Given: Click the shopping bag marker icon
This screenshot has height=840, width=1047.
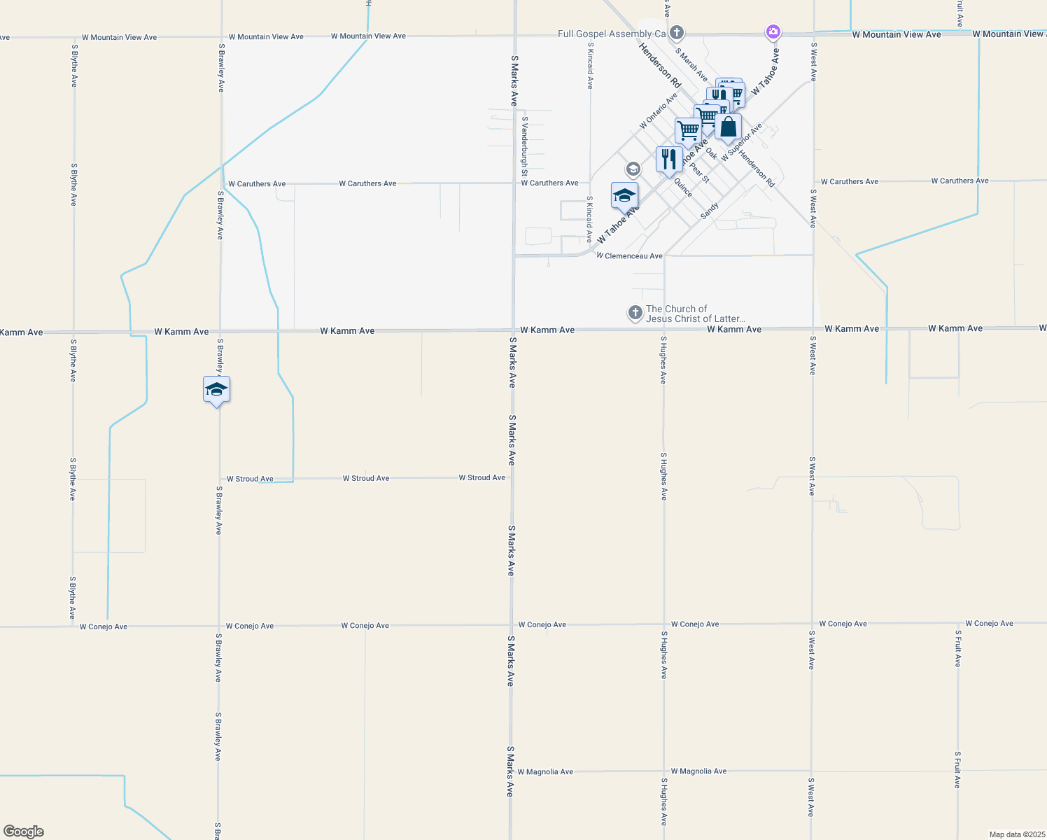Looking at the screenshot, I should pos(728,127).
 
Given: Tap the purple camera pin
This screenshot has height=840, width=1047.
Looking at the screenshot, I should pos(773,31).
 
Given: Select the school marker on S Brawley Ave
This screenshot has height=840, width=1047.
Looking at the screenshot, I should pos(216,390).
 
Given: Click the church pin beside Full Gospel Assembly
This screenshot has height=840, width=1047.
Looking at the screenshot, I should pos(676,33).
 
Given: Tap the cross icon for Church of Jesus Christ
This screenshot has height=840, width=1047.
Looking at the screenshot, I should pos(635,313).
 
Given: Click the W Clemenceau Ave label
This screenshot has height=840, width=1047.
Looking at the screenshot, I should pos(629,256).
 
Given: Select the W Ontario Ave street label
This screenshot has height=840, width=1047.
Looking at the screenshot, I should pos(658,111).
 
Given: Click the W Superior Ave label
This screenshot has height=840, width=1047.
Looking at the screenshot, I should pos(741,143).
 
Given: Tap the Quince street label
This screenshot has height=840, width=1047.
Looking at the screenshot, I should pos(683,188).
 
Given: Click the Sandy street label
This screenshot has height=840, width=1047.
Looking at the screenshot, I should pos(710,211).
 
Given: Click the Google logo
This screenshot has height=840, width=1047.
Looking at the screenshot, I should pos(24,832).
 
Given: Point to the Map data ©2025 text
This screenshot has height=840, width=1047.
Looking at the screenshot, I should pos(1016,834).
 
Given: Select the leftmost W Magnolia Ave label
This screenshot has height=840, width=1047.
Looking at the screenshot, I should pos(545,772).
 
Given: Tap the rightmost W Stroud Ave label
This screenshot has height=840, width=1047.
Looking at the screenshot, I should pos(482,478).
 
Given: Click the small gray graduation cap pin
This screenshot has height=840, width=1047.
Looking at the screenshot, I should pos(633,169).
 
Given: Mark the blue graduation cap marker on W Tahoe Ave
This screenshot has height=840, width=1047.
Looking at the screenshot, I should pos(624,196).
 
